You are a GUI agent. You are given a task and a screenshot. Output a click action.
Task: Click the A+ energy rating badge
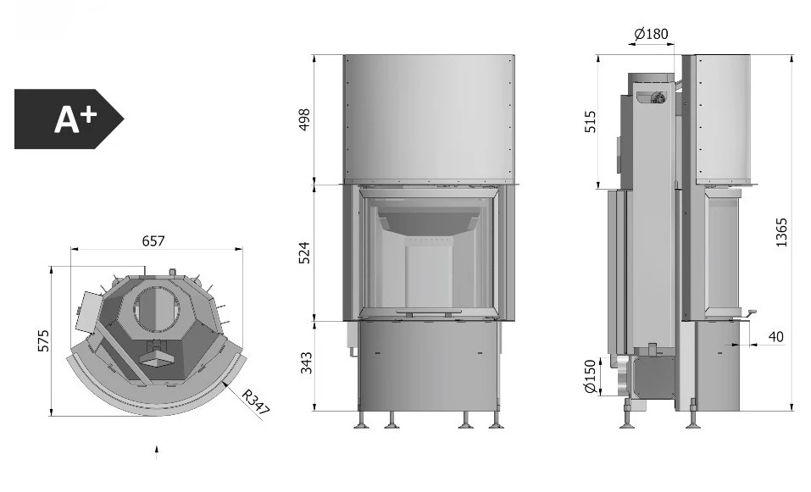tap(69, 119)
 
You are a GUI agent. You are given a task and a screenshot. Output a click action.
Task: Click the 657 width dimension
tap(153, 241)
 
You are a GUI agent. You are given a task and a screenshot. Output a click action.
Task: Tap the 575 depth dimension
tap(44, 340)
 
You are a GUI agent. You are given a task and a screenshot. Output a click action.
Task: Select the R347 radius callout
tap(256, 402)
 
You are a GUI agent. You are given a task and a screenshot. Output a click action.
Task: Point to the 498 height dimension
tap(304, 119)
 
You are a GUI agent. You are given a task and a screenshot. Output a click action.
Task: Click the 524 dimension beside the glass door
tap(304, 252)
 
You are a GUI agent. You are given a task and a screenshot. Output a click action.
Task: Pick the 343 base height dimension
tap(306, 362)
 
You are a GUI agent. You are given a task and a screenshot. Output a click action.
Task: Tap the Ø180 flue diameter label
tap(651, 34)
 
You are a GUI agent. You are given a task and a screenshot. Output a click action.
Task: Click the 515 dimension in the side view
tap(590, 122)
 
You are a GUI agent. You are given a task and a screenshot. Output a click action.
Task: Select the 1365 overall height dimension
tap(781, 233)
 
